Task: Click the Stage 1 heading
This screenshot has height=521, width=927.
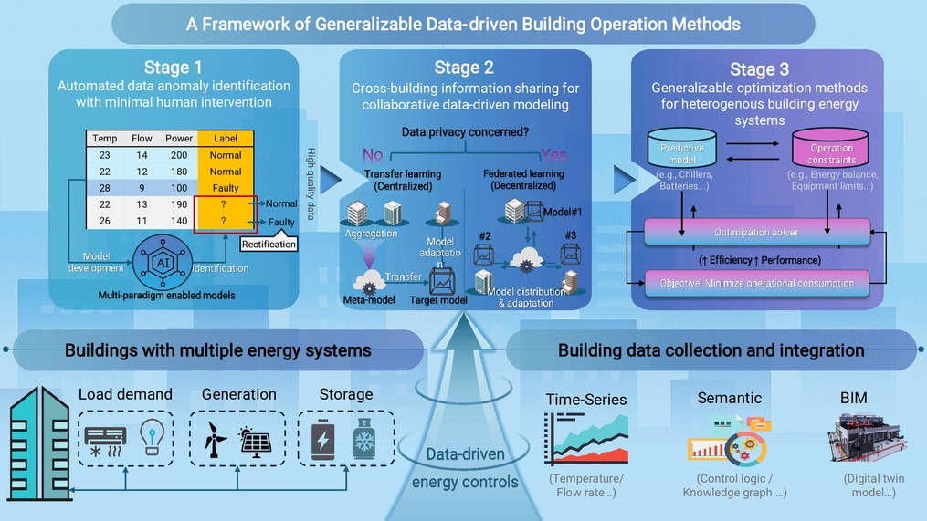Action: (x=174, y=67)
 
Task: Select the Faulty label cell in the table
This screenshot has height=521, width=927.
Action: (x=225, y=188)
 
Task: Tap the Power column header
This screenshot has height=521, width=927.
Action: (x=179, y=139)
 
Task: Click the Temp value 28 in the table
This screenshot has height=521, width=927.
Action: (x=105, y=188)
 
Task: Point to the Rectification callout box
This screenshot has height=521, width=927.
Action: (x=269, y=244)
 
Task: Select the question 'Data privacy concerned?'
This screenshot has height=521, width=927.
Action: (x=466, y=132)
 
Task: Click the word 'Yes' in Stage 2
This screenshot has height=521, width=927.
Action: (x=553, y=154)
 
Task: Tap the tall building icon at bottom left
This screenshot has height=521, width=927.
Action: (x=38, y=444)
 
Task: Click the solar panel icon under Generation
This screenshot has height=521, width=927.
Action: (x=254, y=443)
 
